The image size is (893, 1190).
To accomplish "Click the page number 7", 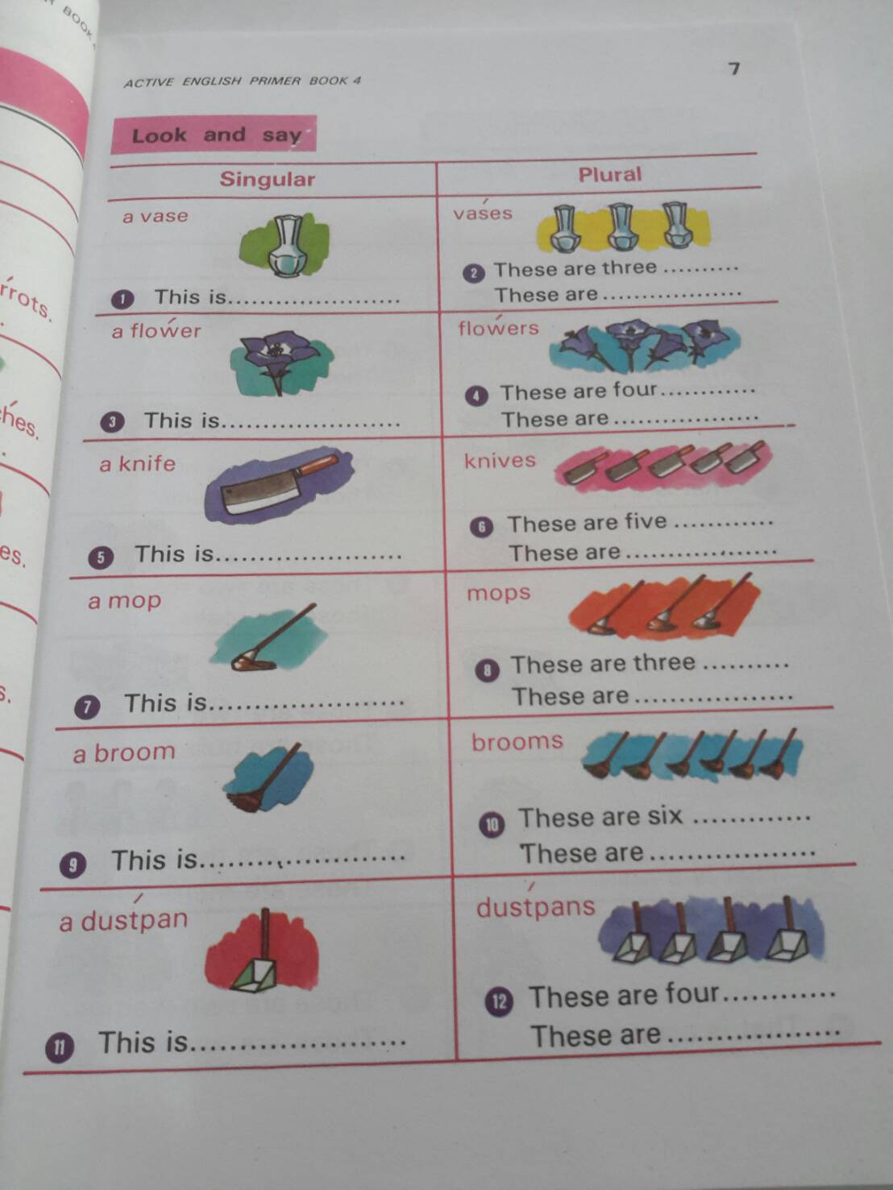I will coord(733,68).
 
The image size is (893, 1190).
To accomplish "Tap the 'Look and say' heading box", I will coord(214,135).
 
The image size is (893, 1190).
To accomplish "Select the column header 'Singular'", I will coord(267,179).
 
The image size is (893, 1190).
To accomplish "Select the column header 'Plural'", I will coord(609,174).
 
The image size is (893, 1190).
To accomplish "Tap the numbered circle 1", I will coord(122,300).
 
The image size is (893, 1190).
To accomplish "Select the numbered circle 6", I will coord(481,527).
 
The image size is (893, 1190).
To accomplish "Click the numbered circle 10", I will coord(492,824).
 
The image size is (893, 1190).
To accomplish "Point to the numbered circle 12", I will coord(499,1001).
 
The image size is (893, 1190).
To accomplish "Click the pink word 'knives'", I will coord(500,460).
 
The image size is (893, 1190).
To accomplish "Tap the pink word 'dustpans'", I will coord(535,907).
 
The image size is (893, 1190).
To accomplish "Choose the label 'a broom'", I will coord(124,753).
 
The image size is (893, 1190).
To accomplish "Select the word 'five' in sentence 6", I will coord(646,521).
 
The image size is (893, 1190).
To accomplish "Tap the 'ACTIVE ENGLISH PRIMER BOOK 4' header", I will coord(243,81).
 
